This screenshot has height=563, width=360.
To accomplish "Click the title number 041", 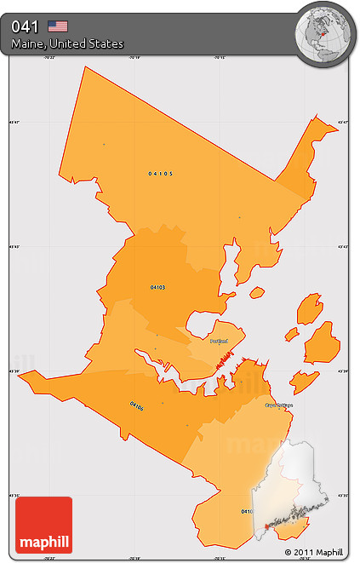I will [24, 26].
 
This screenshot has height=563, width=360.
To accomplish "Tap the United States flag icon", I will [58, 26].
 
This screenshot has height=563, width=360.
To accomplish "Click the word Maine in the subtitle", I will [28, 43].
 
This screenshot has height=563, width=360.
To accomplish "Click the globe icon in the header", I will [323, 33].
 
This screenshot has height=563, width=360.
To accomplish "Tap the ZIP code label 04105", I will [160, 173].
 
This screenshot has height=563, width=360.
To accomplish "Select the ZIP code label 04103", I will [157, 287].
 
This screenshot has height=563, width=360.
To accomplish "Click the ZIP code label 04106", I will [137, 406].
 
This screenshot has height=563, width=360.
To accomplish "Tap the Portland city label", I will [220, 340].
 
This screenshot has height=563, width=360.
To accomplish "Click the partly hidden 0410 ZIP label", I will [246, 511].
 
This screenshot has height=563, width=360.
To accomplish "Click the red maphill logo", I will [44, 525].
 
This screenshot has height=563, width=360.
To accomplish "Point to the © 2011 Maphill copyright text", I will [319, 553].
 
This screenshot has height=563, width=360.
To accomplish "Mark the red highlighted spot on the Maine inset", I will [267, 527].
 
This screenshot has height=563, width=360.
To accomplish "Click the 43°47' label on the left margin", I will [14, 124].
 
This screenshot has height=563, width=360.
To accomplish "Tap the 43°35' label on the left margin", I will [14, 495].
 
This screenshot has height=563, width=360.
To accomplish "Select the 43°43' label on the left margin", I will [14, 247].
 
